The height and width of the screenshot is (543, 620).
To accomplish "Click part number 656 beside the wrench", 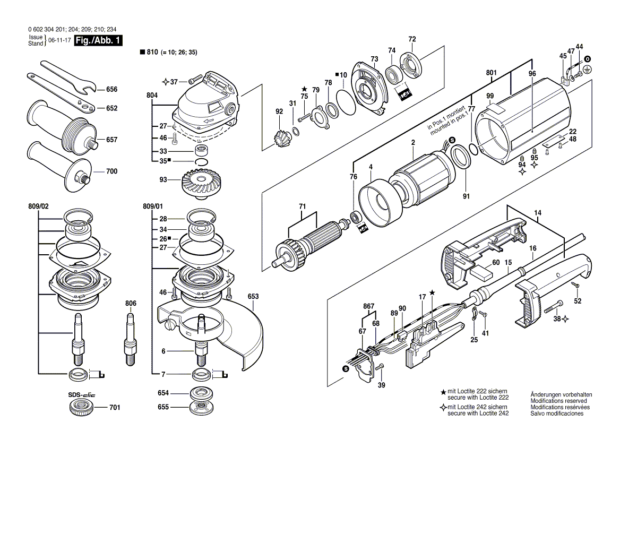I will [x=111, y=89].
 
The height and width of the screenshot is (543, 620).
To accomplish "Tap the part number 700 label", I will [x=111, y=171].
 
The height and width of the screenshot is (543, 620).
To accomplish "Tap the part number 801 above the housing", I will [x=490, y=72].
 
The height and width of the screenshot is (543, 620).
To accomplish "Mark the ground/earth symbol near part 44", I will [x=587, y=70].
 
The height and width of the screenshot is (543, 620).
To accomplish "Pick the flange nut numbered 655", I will [x=200, y=408].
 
